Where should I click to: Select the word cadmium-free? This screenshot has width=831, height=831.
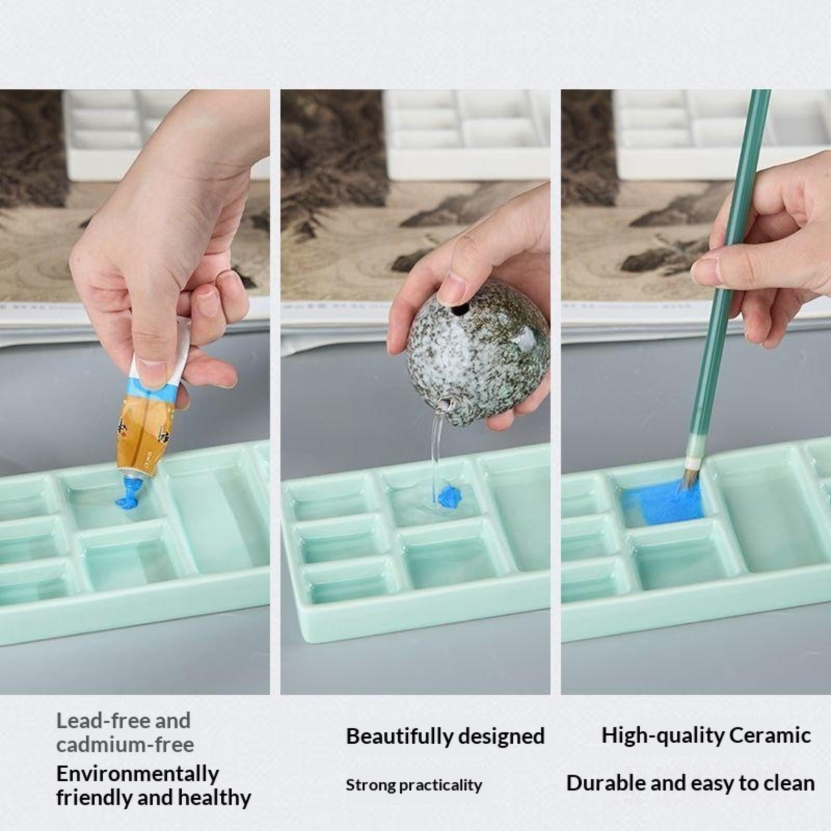pyautogui.click(x=125, y=745)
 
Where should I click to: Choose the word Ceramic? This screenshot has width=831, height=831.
pyautogui.click(x=770, y=735)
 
